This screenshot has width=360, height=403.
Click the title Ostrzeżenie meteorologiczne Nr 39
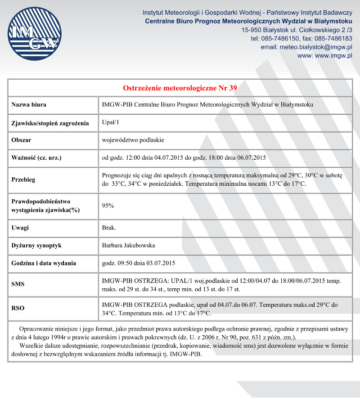[x=180, y=88]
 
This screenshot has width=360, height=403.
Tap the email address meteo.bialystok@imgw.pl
[x=315, y=47]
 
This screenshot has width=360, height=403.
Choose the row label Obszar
[x=21, y=140]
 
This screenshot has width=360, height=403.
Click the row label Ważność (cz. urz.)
[x=36, y=157]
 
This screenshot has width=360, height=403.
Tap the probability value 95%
[x=108, y=206]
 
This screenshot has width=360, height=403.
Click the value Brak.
[x=109, y=228]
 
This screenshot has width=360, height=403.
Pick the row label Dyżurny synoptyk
[x=36, y=246]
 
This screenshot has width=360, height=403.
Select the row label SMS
[x=18, y=284]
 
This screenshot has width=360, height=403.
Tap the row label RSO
[x=18, y=308]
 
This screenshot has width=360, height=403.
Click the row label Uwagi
[x=20, y=228]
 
